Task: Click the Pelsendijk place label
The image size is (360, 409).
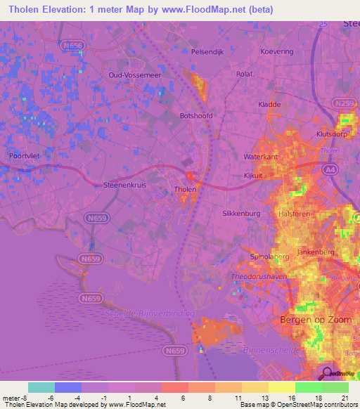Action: tap(207, 51)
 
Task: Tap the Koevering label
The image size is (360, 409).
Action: tap(276, 51)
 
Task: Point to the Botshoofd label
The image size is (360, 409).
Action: tap(196, 116)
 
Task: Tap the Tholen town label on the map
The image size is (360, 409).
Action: tap(185, 190)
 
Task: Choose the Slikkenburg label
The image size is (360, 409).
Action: tap(241, 213)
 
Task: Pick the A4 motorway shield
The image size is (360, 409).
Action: tap(330, 169)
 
